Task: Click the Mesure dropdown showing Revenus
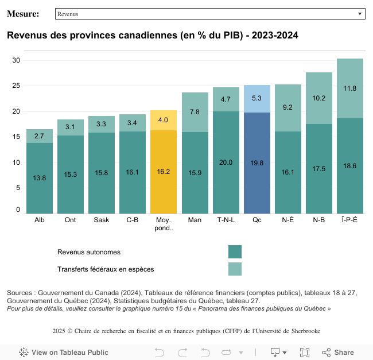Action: pyautogui.click(x=210, y=13)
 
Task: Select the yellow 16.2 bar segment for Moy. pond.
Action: pyautogui.click(x=164, y=172)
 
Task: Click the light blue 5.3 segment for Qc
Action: pyautogui.click(x=257, y=99)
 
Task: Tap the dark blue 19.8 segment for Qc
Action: pyautogui.click(x=257, y=163)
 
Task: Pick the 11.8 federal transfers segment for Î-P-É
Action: pyautogui.click(x=350, y=88)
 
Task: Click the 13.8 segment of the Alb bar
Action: pyautogui.click(x=40, y=178)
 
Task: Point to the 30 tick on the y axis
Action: pyautogui.click(x=17, y=60)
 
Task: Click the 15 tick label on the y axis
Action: pyautogui.click(x=17, y=137)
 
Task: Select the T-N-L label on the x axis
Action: pyautogui.click(x=226, y=220)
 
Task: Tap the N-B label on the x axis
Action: pyautogui.click(x=319, y=220)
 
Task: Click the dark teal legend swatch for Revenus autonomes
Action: pyautogui.click(x=235, y=252)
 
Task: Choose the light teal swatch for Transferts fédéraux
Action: pyautogui.click(x=235, y=269)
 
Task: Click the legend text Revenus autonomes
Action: pyautogui.click(x=89, y=252)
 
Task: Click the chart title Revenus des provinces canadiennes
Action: pyautogui.click(x=152, y=36)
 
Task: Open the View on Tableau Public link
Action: pyautogui.click(x=64, y=352)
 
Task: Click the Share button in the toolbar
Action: pyautogui.click(x=338, y=352)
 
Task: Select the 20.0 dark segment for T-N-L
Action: pyautogui.click(x=226, y=162)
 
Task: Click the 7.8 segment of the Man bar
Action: pyautogui.click(x=195, y=112)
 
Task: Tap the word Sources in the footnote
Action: pyautogui.click(x=21, y=293)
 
